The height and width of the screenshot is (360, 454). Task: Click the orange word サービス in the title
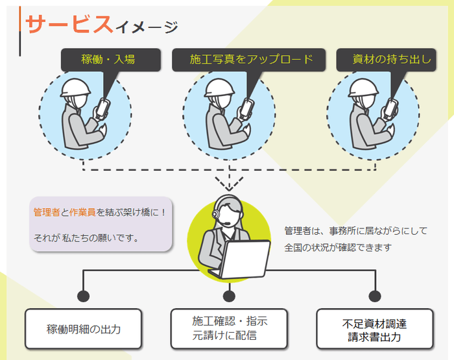[68, 24]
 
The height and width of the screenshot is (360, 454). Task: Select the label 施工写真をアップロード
[251, 60]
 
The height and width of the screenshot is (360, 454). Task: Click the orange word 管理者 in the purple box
[47, 212]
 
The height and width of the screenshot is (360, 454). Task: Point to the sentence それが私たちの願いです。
[86, 238]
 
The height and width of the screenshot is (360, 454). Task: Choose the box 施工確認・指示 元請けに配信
[230, 328]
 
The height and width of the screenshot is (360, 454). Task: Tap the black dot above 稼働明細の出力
[84, 296]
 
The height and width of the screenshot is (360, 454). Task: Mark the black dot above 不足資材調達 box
[374, 296]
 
